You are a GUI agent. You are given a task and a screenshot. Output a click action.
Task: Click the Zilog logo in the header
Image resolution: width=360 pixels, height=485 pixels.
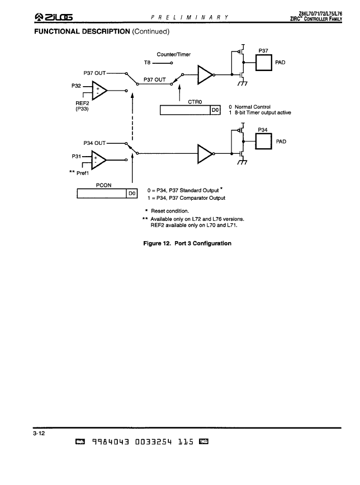[54, 17]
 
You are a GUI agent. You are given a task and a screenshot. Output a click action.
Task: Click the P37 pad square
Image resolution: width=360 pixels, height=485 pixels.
[264, 63]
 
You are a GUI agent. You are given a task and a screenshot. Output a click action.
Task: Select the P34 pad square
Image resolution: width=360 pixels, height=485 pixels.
[263, 141]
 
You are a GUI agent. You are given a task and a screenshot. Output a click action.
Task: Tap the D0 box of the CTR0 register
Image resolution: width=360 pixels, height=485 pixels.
[215, 110]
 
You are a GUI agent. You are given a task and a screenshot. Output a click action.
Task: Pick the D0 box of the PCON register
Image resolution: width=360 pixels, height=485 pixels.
[132, 194]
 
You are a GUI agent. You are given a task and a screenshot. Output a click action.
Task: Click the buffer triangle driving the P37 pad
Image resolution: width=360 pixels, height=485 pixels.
[205, 74]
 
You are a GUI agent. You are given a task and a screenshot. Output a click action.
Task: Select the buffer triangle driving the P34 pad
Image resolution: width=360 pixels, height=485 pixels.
[205, 153]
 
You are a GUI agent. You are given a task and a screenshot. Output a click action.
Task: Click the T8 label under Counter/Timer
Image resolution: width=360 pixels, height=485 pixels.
[147, 63]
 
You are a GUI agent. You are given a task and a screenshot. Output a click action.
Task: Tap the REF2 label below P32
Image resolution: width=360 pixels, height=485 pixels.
[82, 103]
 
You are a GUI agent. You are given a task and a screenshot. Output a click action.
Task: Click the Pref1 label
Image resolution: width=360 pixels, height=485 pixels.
[83, 173]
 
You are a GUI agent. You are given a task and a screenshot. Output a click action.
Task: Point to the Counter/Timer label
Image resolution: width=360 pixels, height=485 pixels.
[174, 54]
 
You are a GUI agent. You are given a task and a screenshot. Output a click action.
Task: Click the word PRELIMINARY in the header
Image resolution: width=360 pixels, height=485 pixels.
[190, 17]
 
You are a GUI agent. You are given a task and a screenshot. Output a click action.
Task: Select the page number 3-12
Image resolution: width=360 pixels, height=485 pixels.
[39, 433]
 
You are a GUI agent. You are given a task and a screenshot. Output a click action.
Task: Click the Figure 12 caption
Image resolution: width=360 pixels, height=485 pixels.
[187, 243]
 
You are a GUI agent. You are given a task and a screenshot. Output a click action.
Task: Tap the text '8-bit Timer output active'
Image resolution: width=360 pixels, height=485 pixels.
[263, 112]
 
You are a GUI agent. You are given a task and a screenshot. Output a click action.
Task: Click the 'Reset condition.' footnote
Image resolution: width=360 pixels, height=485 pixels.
[169, 211]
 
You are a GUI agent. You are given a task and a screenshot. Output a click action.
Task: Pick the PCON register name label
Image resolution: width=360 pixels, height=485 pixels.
[103, 185]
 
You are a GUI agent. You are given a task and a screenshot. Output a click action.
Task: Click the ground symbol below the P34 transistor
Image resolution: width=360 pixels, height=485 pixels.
[242, 162]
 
